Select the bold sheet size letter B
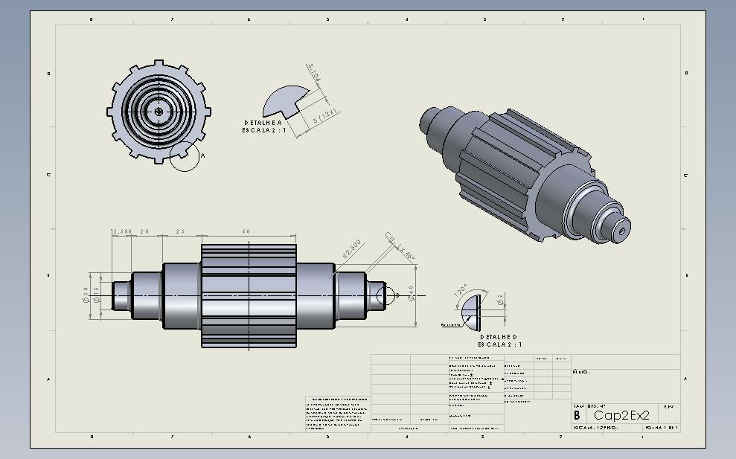[576, 415]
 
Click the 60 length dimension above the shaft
[246, 231]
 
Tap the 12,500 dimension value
[121, 231]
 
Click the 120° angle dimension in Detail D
[461, 290]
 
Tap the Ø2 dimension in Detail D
[501, 299]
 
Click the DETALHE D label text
[499, 337]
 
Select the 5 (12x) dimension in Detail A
[325, 116]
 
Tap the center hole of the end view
[159, 112]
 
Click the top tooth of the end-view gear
[159, 64]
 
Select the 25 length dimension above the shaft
[180, 231]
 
